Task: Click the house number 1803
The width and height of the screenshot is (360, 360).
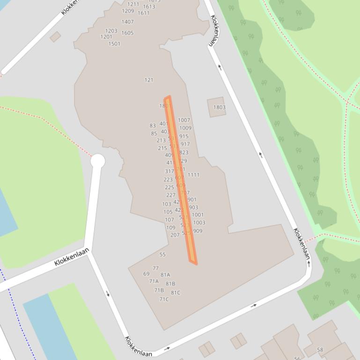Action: click(219, 108)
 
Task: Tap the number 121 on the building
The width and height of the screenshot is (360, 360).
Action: click(149, 80)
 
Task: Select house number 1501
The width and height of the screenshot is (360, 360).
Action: click(114, 44)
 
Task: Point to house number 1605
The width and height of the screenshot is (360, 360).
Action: click(127, 33)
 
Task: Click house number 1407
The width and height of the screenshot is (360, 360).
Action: click(127, 22)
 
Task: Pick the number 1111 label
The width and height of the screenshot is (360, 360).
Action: click(193, 175)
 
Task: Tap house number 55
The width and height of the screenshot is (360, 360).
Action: click(162, 255)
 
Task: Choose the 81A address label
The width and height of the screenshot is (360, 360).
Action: click(165, 275)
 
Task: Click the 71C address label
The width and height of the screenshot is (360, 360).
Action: click(164, 299)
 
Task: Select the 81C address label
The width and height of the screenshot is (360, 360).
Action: click(176, 293)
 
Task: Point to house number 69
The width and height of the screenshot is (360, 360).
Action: click(147, 274)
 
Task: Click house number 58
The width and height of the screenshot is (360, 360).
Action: click(320, 350)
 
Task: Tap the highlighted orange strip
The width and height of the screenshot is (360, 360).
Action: click(181, 180)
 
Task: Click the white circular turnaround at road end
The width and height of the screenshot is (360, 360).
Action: click(97, 161)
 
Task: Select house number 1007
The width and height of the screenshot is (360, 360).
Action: click(184, 120)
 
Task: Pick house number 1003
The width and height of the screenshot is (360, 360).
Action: click(199, 223)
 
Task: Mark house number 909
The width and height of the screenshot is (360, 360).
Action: click(198, 231)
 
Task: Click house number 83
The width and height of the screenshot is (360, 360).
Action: click(153, 126)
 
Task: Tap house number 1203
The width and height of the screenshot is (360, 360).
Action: click(111, 31)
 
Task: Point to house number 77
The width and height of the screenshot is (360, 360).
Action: click(155, 268)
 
